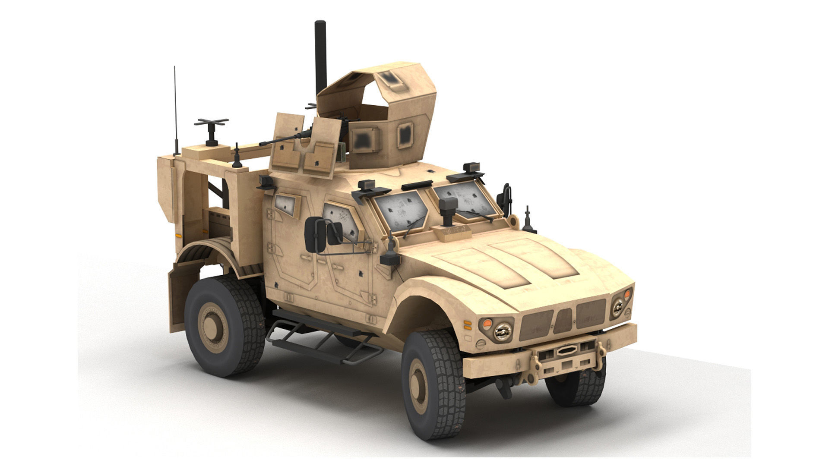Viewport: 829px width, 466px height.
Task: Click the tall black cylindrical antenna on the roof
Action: coord(320,56)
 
